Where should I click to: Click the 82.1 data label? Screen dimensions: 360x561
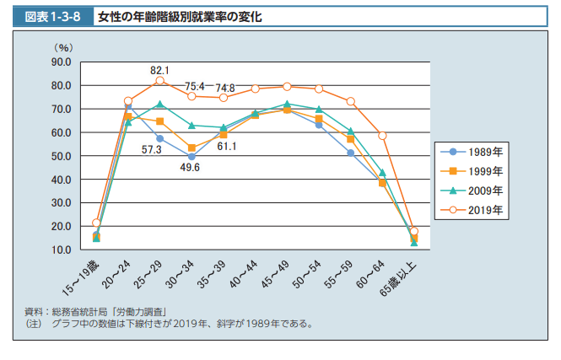coord(160,70)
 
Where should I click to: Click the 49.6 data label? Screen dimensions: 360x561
coord(191,168)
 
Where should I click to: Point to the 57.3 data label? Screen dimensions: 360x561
coord(152,149)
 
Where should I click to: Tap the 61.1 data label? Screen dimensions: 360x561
coord(227,147)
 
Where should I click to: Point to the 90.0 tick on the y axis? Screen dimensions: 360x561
coord(61,62)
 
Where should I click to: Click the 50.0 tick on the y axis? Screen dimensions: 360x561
coord(61,156)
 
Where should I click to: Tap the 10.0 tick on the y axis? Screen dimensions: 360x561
coord(61,250)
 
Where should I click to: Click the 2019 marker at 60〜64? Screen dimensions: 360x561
coord(382,136)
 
